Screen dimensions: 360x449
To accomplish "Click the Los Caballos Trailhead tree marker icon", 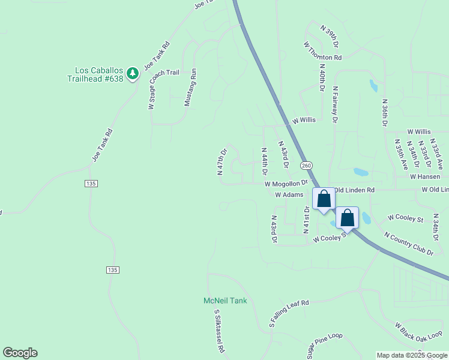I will [x=133, y=74].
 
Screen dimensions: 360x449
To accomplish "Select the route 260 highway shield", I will [x=306, y=166].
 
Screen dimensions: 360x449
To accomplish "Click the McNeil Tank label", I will [x=224, y=301].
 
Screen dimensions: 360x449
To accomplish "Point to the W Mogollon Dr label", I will [x=286, y=183].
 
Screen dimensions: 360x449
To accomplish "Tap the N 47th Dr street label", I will [x=221, y=161].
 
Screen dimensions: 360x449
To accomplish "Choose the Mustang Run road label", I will [x=190, y=88].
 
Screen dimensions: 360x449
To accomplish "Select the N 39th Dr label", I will [x=330, y=37].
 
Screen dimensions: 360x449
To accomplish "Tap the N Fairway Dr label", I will [x=335, y=104].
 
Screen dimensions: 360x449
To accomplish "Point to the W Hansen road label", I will [x=425, y=177].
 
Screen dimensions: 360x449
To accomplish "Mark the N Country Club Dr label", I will [x=408, y=245].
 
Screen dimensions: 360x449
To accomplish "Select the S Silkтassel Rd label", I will [x=219, y=331].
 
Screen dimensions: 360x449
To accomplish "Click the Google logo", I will [x=20, y=353].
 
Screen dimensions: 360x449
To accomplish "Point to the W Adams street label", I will [x=289, y=195].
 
